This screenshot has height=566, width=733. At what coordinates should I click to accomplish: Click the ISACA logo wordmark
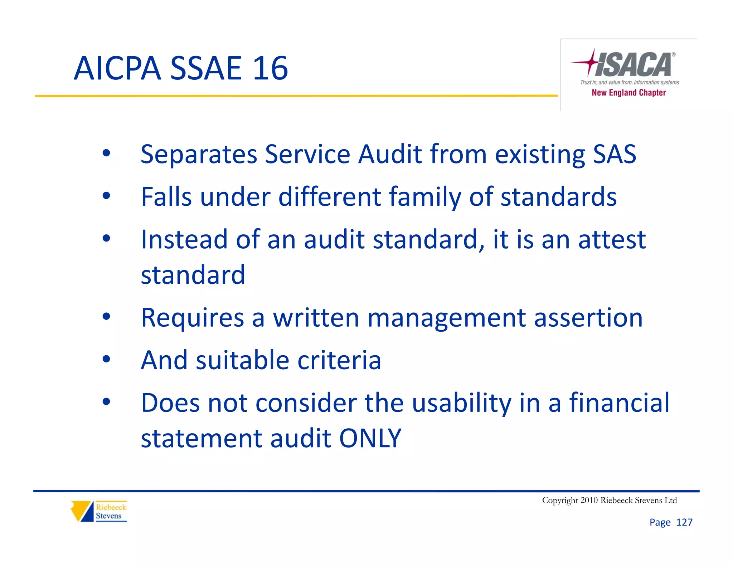tap(634, 65)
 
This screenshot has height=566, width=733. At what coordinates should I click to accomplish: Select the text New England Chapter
tap(628, 93)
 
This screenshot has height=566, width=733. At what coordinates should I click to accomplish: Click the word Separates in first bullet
tap(199, 155)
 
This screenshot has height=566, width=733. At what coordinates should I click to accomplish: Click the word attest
tap(612, 239)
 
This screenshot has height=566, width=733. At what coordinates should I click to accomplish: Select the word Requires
tap(193, 318)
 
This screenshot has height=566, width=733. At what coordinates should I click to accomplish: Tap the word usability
tap(462, 403)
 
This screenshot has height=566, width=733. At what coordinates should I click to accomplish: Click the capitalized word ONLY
tap(370, 438)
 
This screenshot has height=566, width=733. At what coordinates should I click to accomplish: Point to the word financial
tap(619, 402)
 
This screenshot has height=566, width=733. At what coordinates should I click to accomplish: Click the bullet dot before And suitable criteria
tap(106, 359)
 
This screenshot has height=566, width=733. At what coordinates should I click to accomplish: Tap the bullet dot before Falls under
tap(106, 196)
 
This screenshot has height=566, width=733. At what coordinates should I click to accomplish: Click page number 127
tap(684, 522)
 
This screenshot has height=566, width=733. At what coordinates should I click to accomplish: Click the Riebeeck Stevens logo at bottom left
tap(99, 511)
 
